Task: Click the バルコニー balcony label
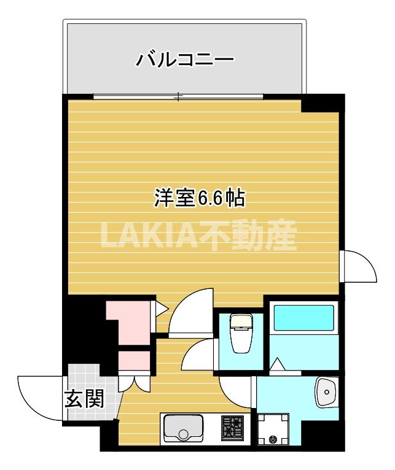pos(184,60)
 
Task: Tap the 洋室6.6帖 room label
pos(200,198)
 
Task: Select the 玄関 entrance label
pos(84,400)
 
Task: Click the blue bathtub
pos(303,318)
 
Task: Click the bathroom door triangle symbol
pos(277,364)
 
